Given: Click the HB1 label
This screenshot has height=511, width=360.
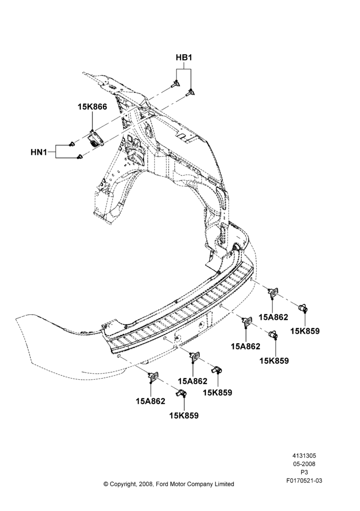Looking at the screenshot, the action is tap(184, 58).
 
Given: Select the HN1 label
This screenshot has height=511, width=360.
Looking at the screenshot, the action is tap(39, 152).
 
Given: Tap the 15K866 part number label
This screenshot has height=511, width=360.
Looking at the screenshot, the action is tap(92, 107).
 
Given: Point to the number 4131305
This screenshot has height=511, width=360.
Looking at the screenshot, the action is tap(304, 456).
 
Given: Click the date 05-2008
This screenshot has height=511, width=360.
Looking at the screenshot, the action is tap(304, 464).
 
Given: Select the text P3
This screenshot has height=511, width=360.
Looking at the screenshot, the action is tap(304, 472).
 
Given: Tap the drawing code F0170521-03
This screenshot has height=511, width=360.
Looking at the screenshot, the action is tap(304, 480).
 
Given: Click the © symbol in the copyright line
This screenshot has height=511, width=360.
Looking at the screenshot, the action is tap(106, 484).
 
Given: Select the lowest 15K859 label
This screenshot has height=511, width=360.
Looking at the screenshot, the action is tap(184, 415).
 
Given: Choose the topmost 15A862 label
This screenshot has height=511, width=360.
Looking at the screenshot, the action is tap(273, 317).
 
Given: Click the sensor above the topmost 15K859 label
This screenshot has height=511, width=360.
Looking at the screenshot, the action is tap(303, 308).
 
